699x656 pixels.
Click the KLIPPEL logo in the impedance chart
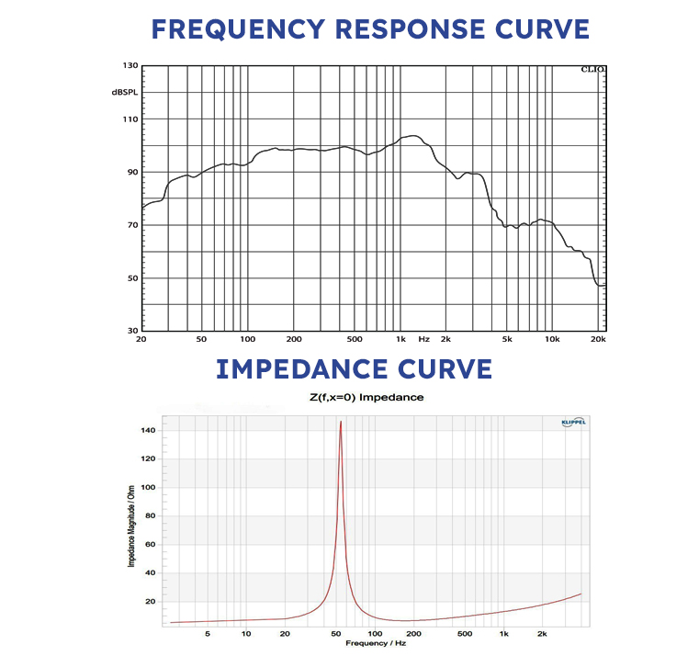572,422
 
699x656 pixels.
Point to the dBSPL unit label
125,93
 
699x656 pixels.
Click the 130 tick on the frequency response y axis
128,66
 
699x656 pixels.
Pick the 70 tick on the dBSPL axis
130,225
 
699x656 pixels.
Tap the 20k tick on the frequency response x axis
597,338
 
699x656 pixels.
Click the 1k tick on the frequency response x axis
400,338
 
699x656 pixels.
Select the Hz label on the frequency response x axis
423,338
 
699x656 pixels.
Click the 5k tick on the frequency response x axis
506,338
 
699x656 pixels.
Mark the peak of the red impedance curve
341,423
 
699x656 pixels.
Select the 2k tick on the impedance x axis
542,633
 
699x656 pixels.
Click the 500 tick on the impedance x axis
465,633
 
